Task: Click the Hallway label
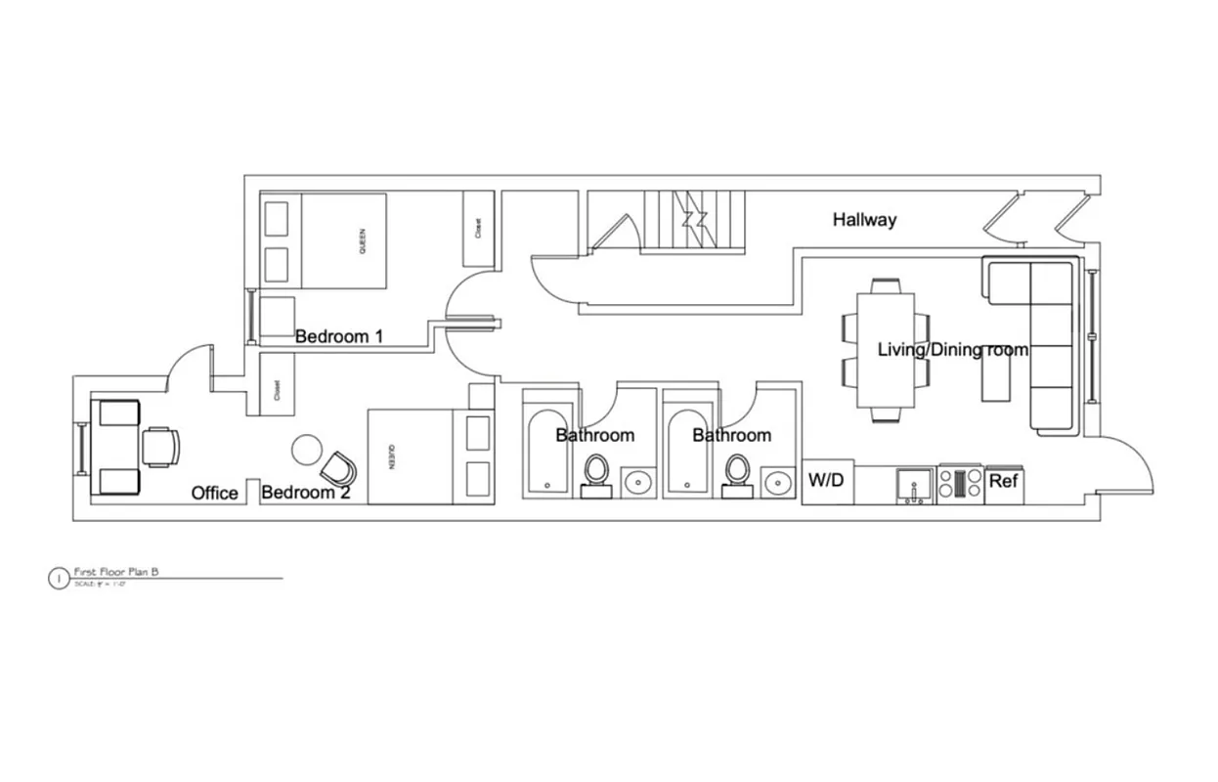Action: point(864,220)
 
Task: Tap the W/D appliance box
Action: point(826,482)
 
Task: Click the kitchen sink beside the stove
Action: point(916,484)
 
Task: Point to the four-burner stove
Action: point(960,484)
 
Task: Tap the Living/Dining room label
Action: point(952,350)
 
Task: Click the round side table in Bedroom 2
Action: point(306,449)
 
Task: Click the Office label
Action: point(214,493)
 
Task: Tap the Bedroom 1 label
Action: point(338,337)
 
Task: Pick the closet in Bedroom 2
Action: point(278,389)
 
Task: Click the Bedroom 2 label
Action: point(305,493)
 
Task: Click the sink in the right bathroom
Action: point(778,482)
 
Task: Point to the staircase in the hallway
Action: point(694,221)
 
